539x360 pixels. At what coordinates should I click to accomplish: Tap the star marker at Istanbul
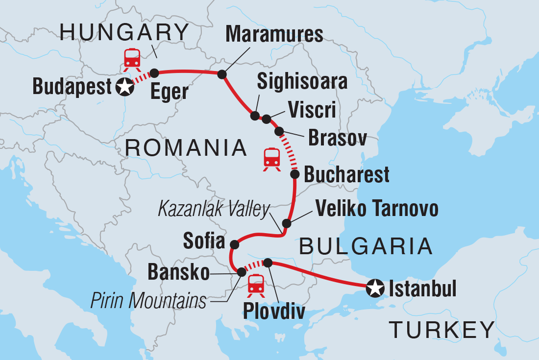click(x=375, y=288)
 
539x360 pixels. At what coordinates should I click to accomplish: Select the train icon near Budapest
click(x=132, y=59)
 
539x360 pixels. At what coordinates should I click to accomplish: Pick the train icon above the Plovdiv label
click(x=256, y=285)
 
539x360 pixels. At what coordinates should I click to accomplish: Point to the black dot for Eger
click(x=154, y=73)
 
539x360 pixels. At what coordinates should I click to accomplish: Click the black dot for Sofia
click(x=235, y=244)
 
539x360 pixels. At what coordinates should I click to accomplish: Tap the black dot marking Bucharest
click(x=295, y=174)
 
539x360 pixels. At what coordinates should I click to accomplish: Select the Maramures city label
click(x=274, y=35)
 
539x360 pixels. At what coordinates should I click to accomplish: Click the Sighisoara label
click(x=302, y=82)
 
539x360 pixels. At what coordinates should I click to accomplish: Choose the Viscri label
click(x=312, y=110)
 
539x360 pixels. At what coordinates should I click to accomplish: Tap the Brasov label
click(x=338, y=139)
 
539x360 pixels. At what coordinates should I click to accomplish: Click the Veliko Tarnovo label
click(x=376, y=209)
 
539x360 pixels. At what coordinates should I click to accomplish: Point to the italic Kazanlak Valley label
click(x=214, y=210)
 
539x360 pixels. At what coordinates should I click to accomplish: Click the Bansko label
click(x=178, y=273)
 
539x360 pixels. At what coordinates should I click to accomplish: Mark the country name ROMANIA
click(x=185, y=147)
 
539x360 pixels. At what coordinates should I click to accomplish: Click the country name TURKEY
click(x=441, y=330)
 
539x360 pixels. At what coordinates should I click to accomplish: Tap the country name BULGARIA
click(x=366, y=246)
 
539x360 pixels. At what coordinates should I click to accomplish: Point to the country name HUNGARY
click(x=124, y=33)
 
